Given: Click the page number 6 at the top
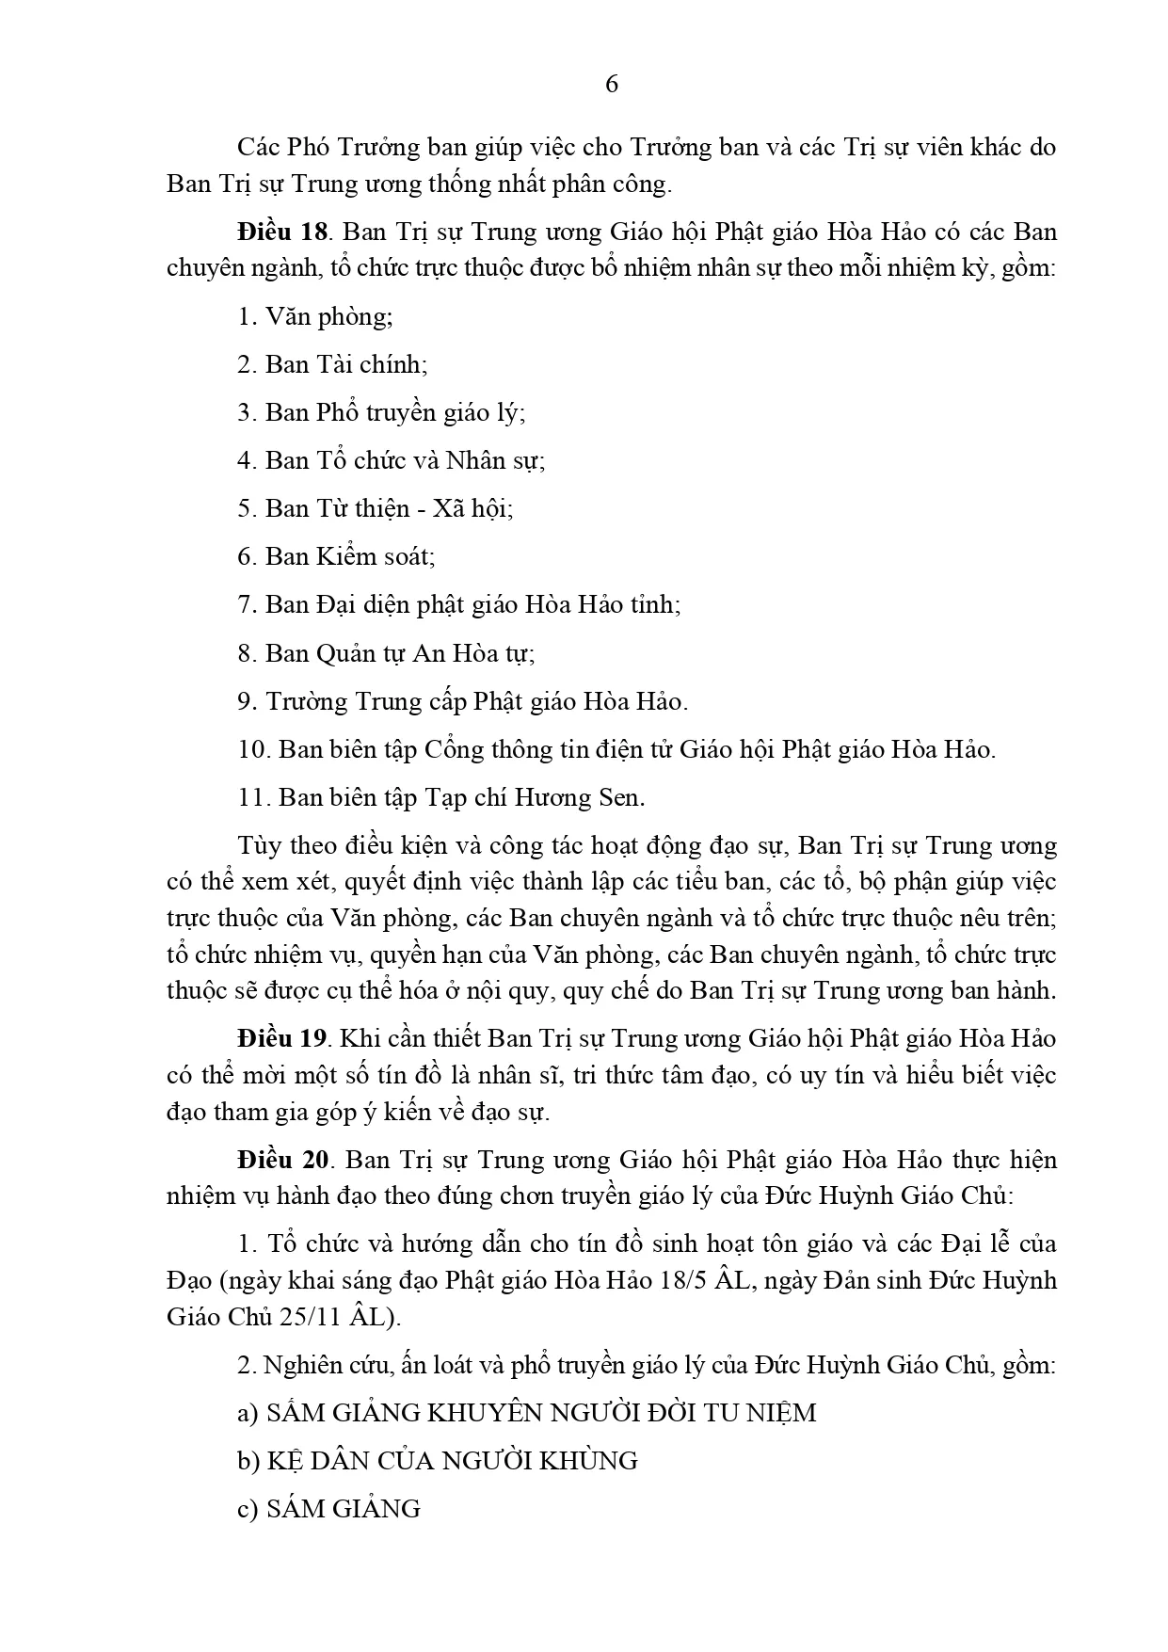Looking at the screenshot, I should click(x=612, y=85).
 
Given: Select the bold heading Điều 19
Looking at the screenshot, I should click(x=281, y=1038).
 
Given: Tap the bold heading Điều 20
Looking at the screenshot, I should click(x=281, y=1160).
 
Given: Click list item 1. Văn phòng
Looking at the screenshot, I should click(x=314, y=316).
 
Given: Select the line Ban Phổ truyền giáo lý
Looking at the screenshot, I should click(x=381, y=412).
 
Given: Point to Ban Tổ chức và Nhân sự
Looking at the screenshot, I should click(x=392, y=460).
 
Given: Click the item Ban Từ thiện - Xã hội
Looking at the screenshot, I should click(x=376, y=508).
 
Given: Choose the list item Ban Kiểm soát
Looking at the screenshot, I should click(x=336, y=556).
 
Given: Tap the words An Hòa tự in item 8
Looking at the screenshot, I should click(x=473, y=652).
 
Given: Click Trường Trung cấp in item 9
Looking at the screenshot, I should click(x=366, y=701).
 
